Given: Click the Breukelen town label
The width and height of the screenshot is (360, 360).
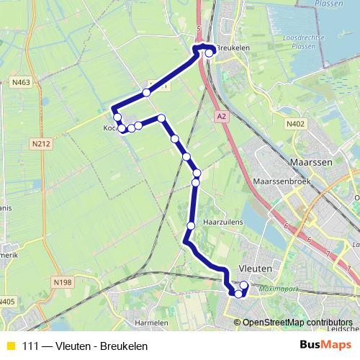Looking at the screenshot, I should tap(233, 48).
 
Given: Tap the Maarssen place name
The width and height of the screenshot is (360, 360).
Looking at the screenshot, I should tap(310, 163).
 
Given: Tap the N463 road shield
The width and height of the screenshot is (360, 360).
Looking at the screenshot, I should tap(21, 83).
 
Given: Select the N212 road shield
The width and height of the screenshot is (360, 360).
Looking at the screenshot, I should tap(42, 144).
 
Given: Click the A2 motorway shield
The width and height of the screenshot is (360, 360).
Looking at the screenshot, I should tap(220, 115).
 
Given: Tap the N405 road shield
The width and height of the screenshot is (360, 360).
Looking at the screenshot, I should tap(6, 300).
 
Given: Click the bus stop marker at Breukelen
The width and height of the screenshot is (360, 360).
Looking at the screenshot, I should tap(209, 53).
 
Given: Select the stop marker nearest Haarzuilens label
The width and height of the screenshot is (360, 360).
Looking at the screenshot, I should tap(191, 226).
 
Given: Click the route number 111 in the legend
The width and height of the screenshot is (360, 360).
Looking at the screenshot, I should tap(31, 346).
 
